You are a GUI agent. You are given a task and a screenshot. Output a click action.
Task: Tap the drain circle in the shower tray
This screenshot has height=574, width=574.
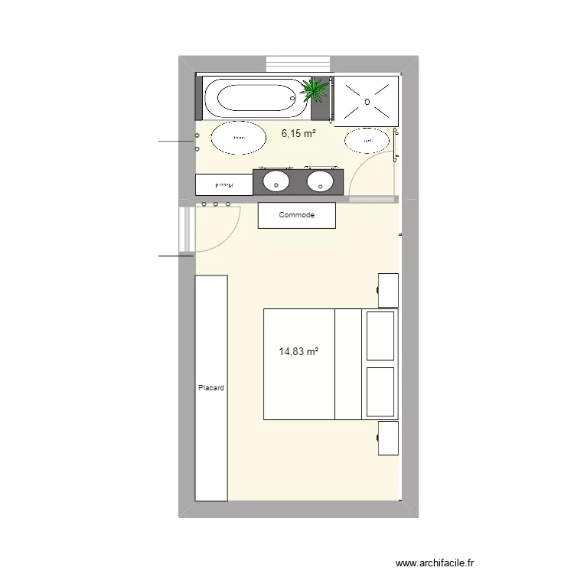[367, 101]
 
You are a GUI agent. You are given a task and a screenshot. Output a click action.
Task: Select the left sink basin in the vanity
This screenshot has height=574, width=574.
[276, 181]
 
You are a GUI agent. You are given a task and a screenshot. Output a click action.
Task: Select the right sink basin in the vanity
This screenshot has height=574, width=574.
[320, 181]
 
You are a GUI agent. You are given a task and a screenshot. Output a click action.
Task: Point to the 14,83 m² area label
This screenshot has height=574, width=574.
[298, 352]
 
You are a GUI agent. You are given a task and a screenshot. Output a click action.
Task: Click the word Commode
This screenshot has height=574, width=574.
[297, 215]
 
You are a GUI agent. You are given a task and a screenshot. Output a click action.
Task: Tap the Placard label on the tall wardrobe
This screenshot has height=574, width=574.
[210, 388]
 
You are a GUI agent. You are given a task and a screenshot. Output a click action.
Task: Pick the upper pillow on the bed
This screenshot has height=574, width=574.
[381, 335]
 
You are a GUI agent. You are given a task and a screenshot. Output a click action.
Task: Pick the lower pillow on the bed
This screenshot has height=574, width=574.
[381, 392]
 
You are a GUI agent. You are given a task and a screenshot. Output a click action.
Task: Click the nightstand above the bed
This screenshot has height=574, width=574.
[389, 289]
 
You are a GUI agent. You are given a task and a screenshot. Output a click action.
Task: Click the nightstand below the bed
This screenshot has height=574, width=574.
[389, 437]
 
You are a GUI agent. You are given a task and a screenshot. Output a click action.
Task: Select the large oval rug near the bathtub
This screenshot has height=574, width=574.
[240, 138]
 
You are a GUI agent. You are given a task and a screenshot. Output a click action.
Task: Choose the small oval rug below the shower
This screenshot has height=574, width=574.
[367, 141]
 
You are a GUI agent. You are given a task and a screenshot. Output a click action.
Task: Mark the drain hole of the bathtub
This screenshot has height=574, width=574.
[291, 98]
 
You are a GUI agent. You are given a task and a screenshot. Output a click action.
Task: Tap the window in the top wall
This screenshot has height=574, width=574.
[298, 64]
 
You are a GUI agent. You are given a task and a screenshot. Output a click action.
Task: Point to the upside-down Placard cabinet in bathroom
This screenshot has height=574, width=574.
[223, 184]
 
